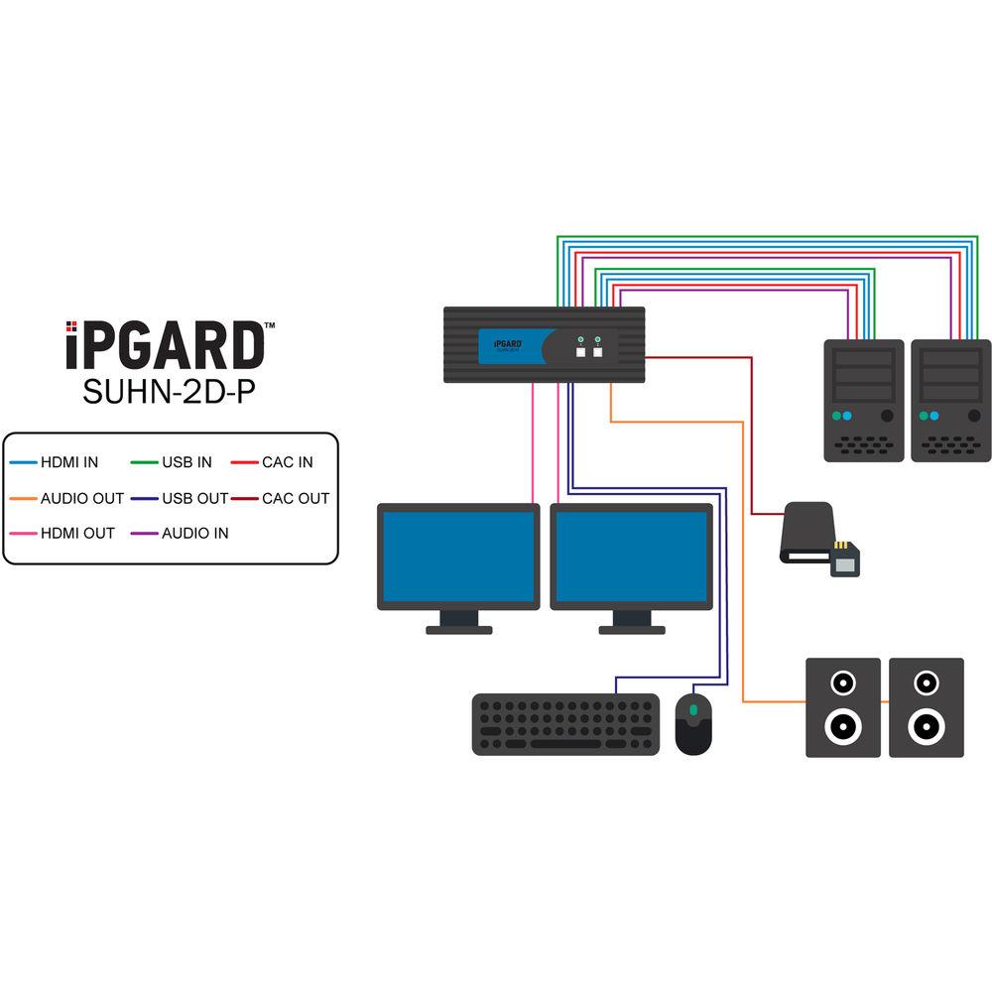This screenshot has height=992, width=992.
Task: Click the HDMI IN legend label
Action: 69,462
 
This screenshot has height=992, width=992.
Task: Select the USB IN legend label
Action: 186,462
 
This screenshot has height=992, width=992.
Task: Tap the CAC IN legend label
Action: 288,462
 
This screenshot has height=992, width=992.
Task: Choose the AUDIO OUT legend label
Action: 82,498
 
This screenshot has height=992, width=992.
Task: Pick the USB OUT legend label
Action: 194,498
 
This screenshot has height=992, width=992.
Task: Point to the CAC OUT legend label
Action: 296,498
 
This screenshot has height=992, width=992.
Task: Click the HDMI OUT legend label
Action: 77,533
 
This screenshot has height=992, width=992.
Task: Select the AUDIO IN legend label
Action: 194,533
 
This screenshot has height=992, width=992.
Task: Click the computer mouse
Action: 693,723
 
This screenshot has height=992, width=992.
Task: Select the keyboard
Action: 565,724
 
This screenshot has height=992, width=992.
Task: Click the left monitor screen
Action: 457,557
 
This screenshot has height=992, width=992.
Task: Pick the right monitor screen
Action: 631,557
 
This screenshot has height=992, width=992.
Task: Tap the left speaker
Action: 842,707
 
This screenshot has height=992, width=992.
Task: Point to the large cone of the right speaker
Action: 926,727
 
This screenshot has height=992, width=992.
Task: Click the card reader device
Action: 815,537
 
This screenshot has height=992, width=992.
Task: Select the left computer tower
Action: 864,400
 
